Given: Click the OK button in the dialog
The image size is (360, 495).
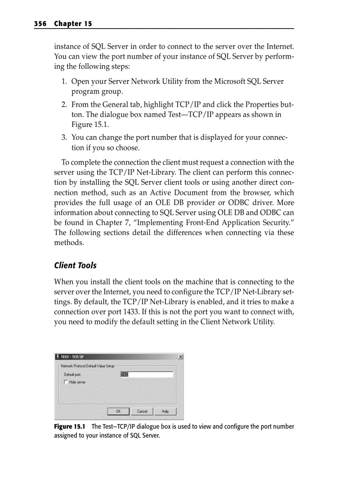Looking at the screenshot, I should tap(118, 411).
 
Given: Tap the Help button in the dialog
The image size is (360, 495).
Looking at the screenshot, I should tap(165, 411).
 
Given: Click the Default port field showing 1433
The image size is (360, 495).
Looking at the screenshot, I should tap(147, 375).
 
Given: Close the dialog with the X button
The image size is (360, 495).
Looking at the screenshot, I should tap(180, 357).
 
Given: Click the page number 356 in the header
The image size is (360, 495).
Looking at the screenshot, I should tap(41, 24).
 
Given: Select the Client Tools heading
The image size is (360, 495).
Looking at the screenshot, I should tap(75, 265).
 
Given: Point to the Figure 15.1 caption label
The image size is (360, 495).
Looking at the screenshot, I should tap(69, 427).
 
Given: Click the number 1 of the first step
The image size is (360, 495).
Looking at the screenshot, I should tap(64, 82).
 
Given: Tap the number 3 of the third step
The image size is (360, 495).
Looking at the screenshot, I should tap(64, 138).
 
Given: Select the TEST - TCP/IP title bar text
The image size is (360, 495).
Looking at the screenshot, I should tap(73, 357).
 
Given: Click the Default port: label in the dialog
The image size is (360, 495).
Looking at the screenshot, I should tap(72, 375).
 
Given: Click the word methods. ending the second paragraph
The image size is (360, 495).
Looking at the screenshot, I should tap(69, 243).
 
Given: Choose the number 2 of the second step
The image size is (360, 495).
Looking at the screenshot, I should tap(64, 105).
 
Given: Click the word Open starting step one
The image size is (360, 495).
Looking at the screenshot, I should tap(80, 82).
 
